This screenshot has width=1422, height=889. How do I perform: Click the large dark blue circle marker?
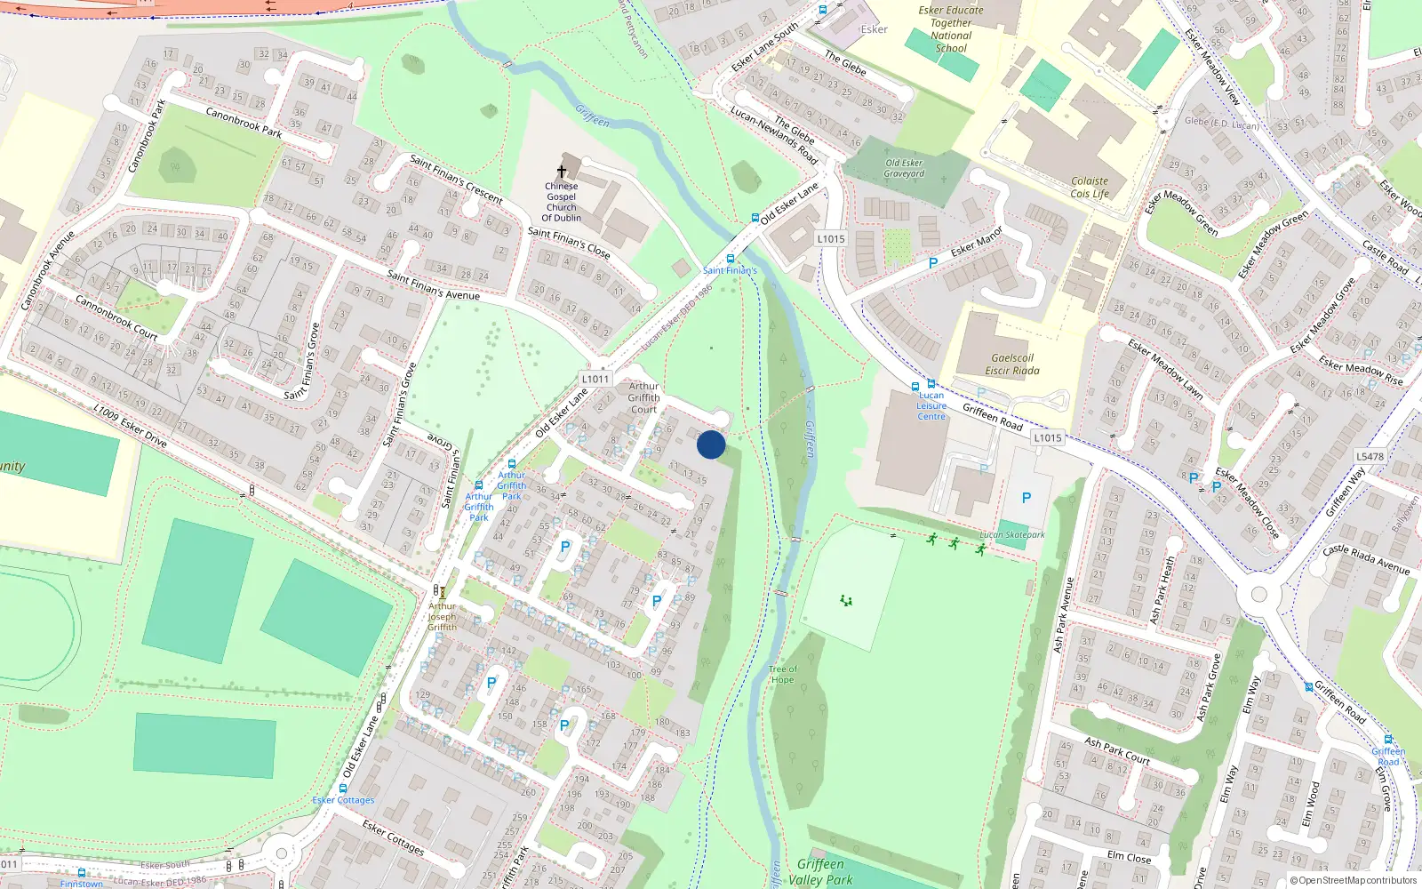pyautogui.click(x=711, y=444)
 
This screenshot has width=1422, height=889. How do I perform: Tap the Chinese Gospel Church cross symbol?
pyautogui.click(x=562, y=171)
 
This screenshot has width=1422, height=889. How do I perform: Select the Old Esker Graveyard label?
pyautogui.click(x=904, y=168)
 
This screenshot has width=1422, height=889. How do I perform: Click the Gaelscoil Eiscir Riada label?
pyautogui.click(x=1011, y=364)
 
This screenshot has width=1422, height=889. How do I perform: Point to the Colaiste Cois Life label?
pyautogui.click(x=1090, y=187)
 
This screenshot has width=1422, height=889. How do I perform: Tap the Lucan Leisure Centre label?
pyautogui.click(x=931, y=406)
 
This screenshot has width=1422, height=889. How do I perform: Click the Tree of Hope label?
pyautogui.click(x=782, y=675)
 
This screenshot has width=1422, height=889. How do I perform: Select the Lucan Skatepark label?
pyautogui.click(x=1012, y=535)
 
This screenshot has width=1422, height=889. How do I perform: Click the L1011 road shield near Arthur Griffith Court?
pyautogui.click(x=595, y=379)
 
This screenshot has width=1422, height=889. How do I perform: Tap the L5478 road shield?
pyautogui.click(x=1370, y=457)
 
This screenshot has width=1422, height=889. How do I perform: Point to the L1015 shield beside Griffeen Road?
pyautogui.click(x=1048, y=437)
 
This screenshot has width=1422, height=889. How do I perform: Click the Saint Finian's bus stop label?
pyautogui.click(x=730, y=270)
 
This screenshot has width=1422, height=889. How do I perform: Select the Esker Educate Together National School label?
pyautogui.click(x=951, y=29)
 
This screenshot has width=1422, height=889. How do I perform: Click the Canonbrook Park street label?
pyautogui.click(x=244, y=123)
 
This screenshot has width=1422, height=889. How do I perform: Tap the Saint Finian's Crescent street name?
pyautogui.click(x=456, y=179)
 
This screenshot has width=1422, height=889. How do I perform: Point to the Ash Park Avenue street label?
pyautogui.click(x=1063, y=615)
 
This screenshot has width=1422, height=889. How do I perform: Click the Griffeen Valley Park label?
pyautogui.click(x=820, y=871)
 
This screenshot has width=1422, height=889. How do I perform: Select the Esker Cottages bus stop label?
pyautogui.click(x=343, y=800)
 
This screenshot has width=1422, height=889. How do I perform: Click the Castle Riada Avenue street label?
pyautogui.click(x=1366, y=559)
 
